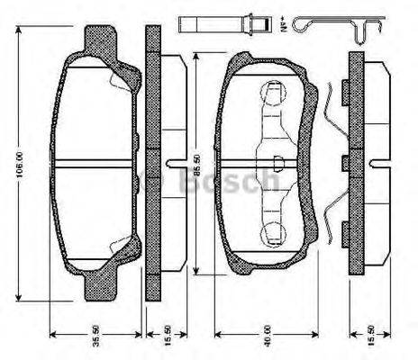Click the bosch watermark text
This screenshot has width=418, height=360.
pyautogui.click(x=231, y=183)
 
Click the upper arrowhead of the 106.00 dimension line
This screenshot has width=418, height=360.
pyautogui.click(x=19, y=31)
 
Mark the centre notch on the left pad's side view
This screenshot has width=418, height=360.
pyautogui.click(x=171, y=164)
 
